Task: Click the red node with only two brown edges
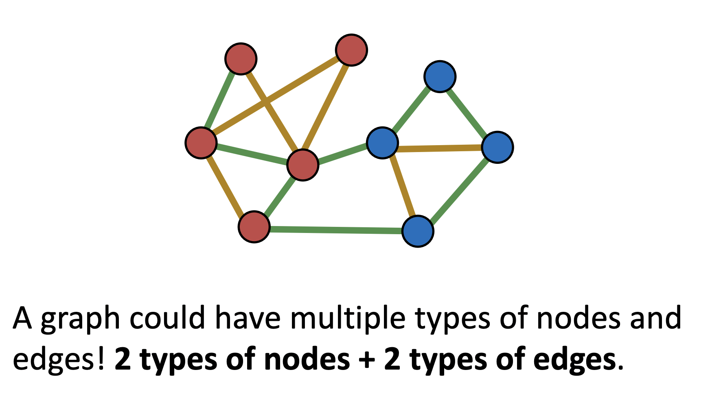pyautogui.click(x=352, y=50)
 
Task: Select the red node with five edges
pyautogui.click(x=302, y=165)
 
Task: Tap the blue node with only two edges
pyautogui.click(x=440, y=76)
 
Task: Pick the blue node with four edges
pyautogui.click(x=382, y=143)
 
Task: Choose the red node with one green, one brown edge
pyautogui.click(x=241, y=59)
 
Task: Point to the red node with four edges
pyautogui.click(x=201, y=143)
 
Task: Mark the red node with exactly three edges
pyautogui.click(x=254, y=227)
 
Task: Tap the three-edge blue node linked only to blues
pyautogui.click(x=497, y=147)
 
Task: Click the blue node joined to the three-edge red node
pyautogui.click(x=418, y=231)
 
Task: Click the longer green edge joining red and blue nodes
pyautogui.click(x=336, y=230)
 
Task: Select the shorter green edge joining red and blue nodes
pyautogui.click(x=342, y=154)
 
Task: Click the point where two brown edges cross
pyautogui.click(x=265, y=102)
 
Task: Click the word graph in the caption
pyautogui.click(x=80, y=319)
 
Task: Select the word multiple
pyautogui.click(x=348, y=319)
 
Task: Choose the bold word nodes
pyautogui.click(x=306, y=360)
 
